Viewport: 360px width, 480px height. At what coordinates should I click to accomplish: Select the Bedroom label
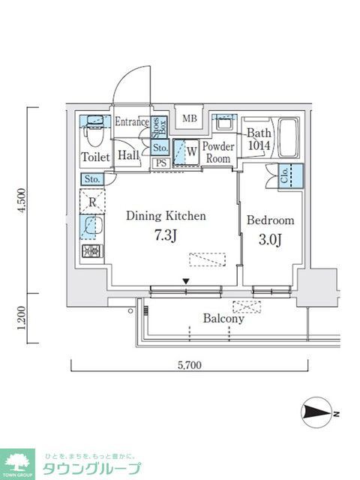tap(270, 221)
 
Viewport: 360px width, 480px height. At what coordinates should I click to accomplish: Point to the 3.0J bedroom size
tap(270, 240)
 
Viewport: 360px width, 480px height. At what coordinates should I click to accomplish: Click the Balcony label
tap(223, 319)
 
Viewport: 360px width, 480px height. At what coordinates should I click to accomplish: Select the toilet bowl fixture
tap(94, 136)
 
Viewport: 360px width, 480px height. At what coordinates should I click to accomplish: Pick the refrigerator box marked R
tap(91, 202)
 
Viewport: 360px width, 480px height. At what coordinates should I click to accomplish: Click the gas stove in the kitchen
tap(91, 251)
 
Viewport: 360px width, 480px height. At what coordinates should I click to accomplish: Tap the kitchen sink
tap(91, 226)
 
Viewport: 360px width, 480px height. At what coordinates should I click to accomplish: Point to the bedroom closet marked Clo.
tap(289, 175)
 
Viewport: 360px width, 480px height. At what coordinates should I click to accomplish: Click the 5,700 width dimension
tap(190, 367)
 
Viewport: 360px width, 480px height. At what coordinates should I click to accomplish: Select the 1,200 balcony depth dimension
tap(25, 319)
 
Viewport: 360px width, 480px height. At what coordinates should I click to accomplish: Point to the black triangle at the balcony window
tap(186, 282)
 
